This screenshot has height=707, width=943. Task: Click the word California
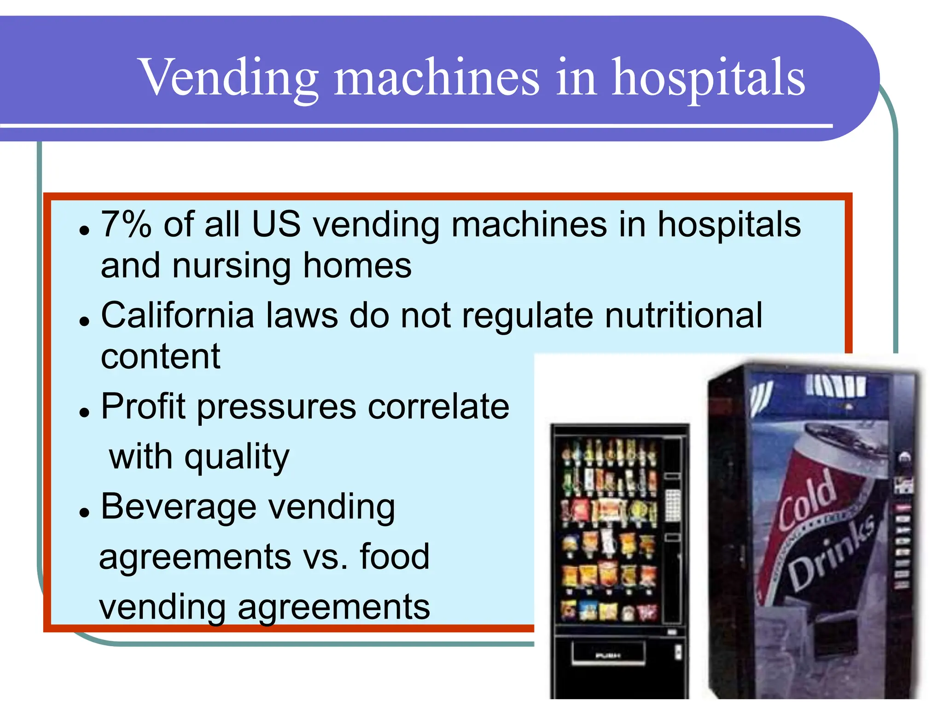178,316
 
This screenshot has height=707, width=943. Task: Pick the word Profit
143,407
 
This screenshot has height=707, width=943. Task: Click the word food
395,557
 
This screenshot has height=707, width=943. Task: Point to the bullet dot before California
84,321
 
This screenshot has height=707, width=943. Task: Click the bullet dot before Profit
84,412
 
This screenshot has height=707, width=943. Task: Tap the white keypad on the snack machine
673,505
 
